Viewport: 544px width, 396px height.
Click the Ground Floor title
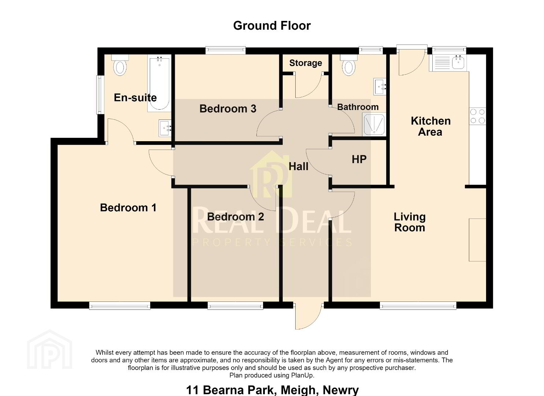point(272,26)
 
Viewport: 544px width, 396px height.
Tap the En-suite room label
point(135,98)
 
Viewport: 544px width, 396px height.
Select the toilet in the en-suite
point(120,65)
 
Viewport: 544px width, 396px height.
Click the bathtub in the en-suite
point(159,83)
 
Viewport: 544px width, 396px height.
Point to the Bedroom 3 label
point(228,109)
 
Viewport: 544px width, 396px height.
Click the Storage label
point(306,63)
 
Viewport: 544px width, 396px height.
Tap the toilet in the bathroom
point(348,65)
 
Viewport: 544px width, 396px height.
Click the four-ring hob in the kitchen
point(477,116)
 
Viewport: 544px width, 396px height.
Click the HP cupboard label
point(359,159)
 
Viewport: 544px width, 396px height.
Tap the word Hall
point(299,166)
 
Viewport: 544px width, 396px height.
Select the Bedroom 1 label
point(128,208)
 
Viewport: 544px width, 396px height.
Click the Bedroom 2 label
point(235,217)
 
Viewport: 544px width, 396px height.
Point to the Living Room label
point(410,222)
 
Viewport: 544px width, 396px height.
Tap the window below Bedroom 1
point(120,305)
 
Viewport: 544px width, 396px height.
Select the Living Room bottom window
point(418,305)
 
